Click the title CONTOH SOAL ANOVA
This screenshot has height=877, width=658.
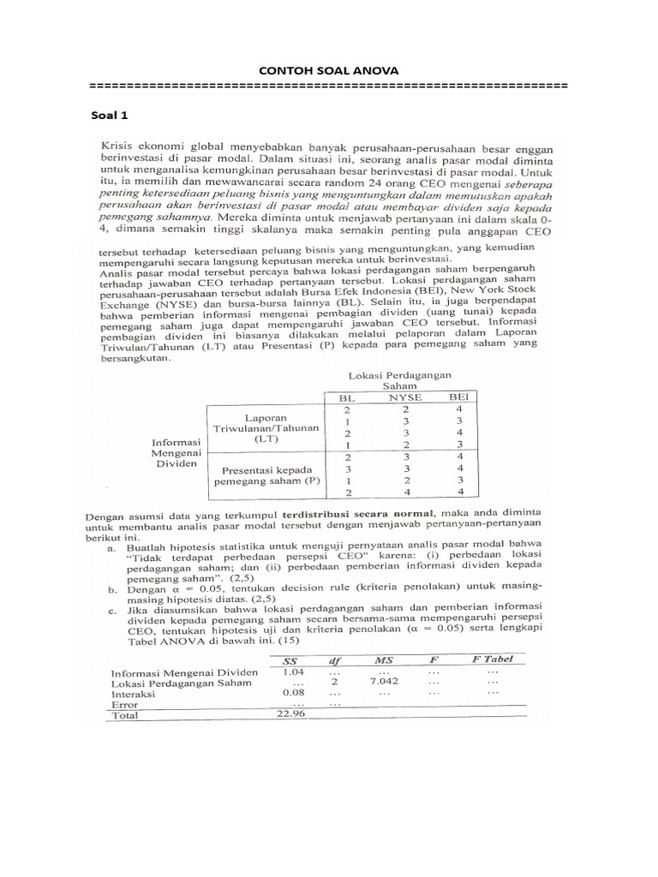tap(328, 71)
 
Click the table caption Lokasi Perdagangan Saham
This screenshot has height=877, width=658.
tap(400, 380)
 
